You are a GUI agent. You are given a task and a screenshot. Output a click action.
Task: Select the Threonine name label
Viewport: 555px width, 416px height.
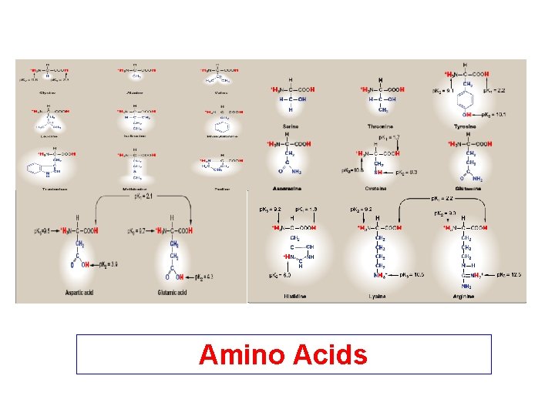[380, 126]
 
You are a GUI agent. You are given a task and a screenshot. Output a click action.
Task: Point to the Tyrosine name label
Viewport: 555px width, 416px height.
[464, 126]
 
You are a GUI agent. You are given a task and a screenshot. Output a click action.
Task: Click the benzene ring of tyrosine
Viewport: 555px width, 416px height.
[464, 99]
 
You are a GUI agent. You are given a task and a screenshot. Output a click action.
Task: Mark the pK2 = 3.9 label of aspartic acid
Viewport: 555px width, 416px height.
[109, 264]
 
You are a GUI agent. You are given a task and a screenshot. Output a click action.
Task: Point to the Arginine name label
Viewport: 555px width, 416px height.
[464, 296]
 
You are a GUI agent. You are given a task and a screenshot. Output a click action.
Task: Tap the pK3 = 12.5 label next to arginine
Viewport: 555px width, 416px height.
[509, 275]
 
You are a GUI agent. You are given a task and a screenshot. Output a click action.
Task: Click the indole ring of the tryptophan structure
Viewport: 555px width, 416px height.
[35, 168]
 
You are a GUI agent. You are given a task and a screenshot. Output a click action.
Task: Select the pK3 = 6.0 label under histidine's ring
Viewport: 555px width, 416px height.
[279, 275]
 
